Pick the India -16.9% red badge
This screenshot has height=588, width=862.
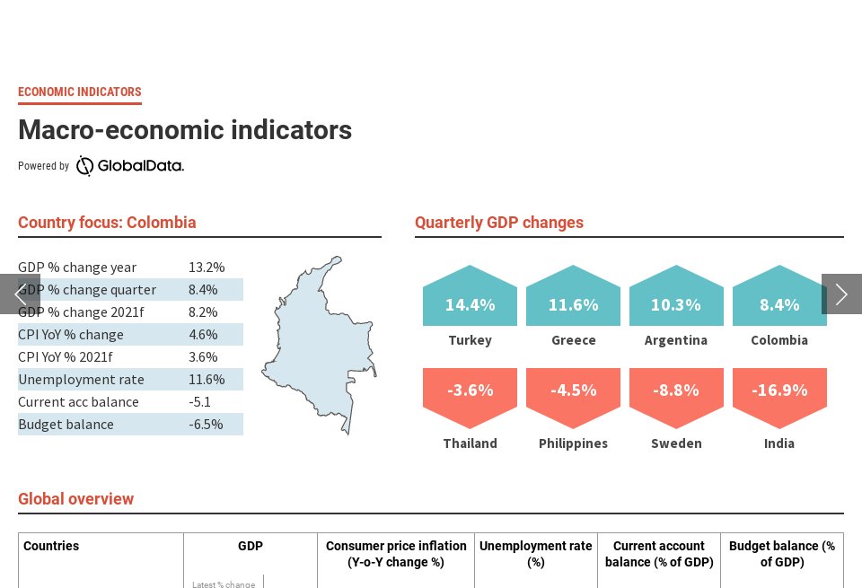779,392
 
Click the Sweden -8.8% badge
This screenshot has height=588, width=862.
676,392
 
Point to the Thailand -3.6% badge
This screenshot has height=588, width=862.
470,392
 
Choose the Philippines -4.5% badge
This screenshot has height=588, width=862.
573,392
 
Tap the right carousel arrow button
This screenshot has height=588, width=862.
841,294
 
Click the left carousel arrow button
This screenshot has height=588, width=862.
20,294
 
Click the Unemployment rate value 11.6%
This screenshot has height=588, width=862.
207,379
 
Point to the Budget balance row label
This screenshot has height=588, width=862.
66,424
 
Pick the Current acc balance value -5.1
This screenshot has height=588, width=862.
199,401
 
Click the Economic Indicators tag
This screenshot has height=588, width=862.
80,92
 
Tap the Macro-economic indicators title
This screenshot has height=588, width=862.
185,130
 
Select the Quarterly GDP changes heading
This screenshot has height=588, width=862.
499,223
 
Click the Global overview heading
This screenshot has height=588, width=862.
76,499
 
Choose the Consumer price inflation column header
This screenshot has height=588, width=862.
396,554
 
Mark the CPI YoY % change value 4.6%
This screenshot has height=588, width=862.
203,334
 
